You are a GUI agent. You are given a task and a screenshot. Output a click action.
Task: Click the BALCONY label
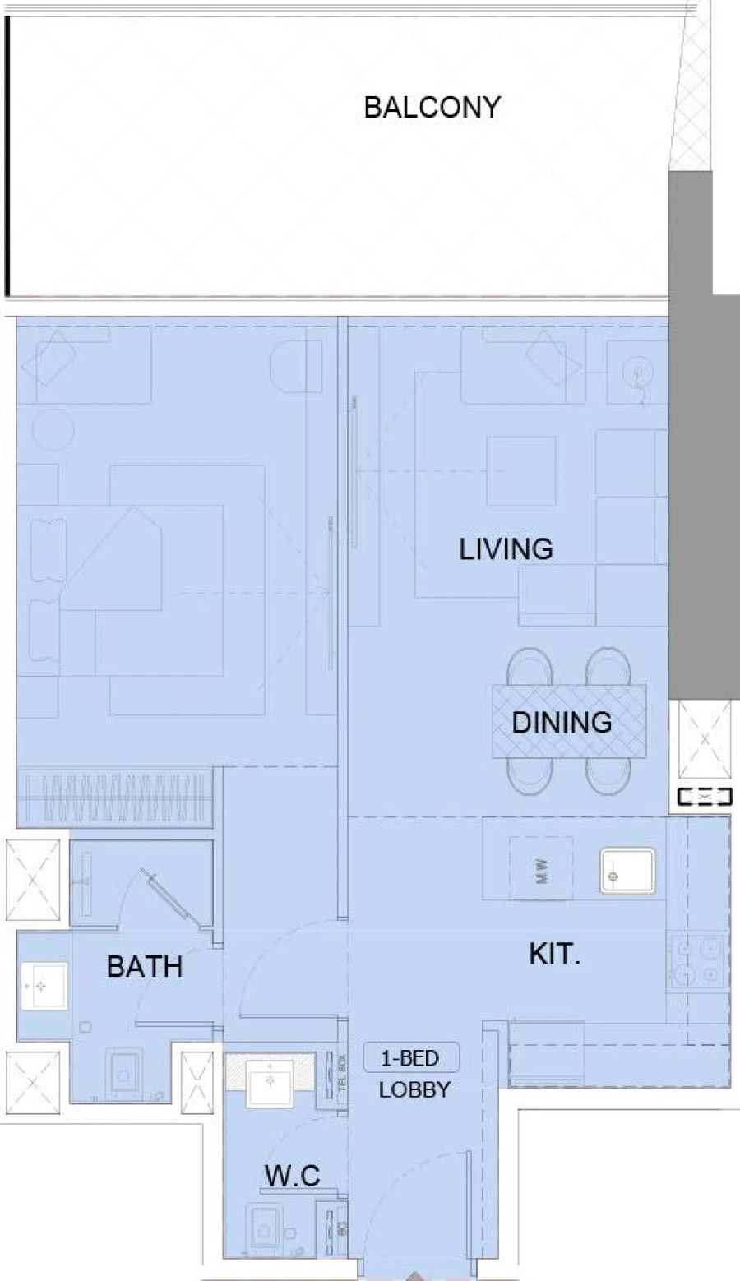432,108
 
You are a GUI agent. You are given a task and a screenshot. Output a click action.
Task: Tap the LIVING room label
505,548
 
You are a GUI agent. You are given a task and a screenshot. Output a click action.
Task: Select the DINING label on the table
562,723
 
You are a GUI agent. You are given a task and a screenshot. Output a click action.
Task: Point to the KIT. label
554,955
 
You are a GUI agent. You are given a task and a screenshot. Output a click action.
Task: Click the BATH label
145,966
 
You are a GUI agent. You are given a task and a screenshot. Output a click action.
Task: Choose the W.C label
292,1176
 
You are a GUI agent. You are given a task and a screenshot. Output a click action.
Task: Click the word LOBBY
414,1090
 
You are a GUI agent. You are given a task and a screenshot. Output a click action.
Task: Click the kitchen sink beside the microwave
627,871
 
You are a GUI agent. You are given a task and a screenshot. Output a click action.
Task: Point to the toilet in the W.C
265,1231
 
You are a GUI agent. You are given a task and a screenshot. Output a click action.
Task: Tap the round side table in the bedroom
53,428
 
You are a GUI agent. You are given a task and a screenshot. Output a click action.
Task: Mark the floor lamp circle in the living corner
637,374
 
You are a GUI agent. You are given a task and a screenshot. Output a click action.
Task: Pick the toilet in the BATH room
126,1074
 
